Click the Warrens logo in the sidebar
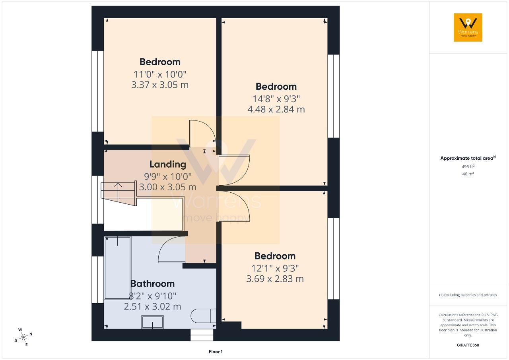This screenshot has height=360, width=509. (468, 27)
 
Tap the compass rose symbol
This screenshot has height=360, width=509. (23, 337)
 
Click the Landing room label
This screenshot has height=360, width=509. (168, 165)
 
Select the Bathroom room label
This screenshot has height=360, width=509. (152, 284)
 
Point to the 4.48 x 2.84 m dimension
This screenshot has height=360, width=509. (276, 109)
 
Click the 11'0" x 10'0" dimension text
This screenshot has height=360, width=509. (160, 74)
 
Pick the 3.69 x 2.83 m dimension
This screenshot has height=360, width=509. (275, 279)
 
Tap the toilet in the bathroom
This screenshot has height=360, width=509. (203, 316)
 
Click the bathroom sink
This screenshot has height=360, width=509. (152, 322)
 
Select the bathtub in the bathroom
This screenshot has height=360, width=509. (118, 268)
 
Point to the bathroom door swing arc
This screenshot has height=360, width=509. (168, 246)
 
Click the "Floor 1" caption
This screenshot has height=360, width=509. (216, 352)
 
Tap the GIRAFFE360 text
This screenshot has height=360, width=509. (468, 345)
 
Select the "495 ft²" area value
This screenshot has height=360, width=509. (468, 166)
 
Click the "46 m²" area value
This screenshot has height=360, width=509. (468, 174)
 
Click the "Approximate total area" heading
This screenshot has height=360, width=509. (468, 158)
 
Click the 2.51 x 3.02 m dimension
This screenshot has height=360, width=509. (152, 307)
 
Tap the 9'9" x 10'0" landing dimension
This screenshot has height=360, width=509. (168, 176)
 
